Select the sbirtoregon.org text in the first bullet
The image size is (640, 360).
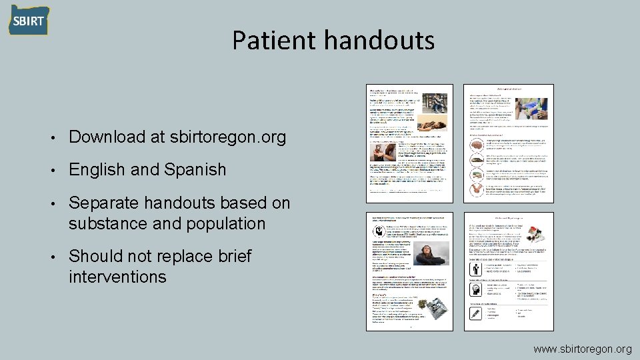pos(228,137)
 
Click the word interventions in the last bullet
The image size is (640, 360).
pos(117,277)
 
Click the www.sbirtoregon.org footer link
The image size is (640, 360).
pos(582,349)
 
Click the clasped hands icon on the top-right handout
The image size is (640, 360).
pos(477,190)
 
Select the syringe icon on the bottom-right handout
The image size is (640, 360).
pos(477,313)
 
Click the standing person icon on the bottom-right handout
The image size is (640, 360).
pos(477,269)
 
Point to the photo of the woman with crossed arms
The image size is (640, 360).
pos(423,256)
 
